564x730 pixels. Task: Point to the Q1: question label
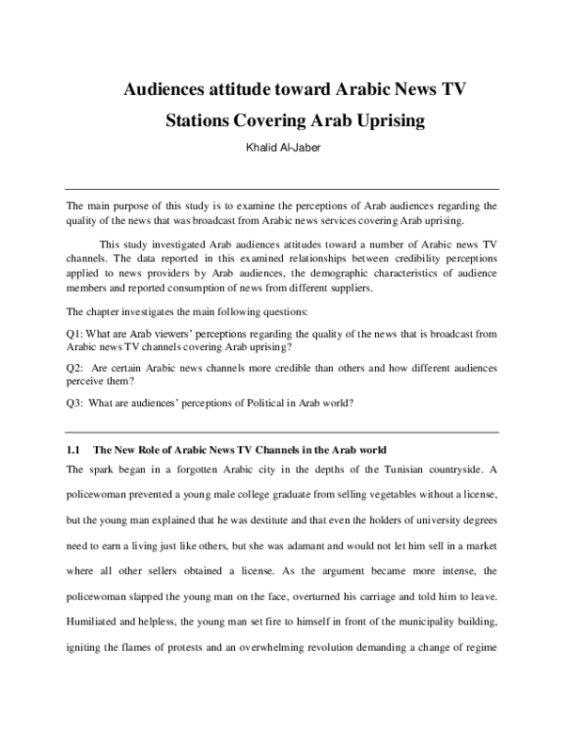(77, 334)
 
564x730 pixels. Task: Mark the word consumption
(220, 288)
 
